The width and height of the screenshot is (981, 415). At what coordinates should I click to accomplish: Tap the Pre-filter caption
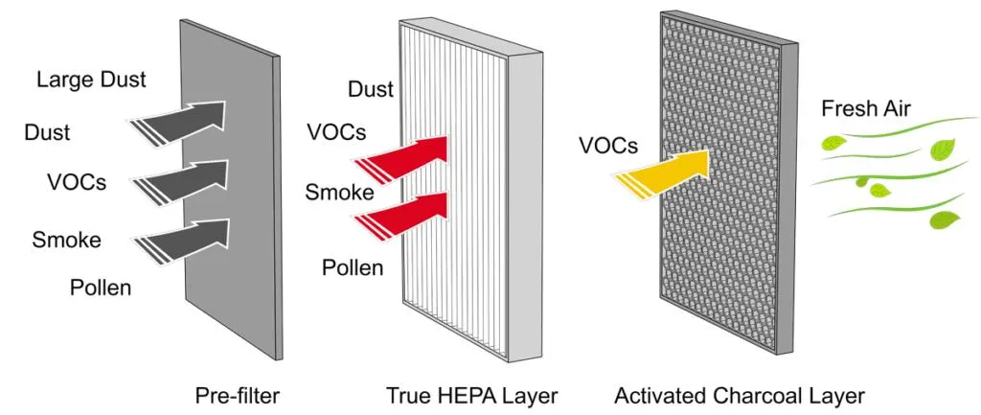pos(235,394)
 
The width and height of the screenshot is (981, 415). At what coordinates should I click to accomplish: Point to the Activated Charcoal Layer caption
pos(740,394)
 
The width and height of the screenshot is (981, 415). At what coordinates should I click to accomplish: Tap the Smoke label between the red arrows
pos(339,192)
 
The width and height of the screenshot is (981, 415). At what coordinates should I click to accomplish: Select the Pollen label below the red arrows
pos(351,267)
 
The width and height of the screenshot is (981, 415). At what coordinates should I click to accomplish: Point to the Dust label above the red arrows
pos(371,89)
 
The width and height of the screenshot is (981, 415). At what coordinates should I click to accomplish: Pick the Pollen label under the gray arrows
pos(100,287)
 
